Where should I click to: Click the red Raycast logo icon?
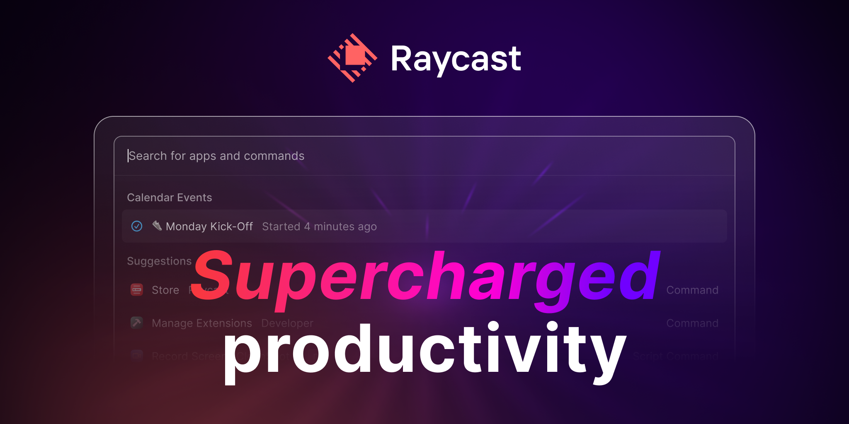pyautogui.click(x=352, y=58)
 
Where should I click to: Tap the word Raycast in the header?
pyautogui.click(x=456, y=59)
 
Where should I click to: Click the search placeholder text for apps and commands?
pyautogui.click(x=216, y=156)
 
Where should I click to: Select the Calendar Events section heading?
pyautogui.click(x=169, y=198)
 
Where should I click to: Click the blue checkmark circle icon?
pyautogui.click(x=137, y=226)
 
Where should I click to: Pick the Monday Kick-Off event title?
pyautogui.click(x=209, y=226)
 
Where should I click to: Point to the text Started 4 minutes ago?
pyautogui.click(x=319, y=226)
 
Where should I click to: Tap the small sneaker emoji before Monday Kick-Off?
pyautogui.click(x=157, y=225)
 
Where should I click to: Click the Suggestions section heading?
pyautogui.click(x=159, y=261)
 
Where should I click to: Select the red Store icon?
pyautogui.click(x=137, y=290)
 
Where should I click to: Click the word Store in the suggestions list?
pyautogui.click(x=165, y=290)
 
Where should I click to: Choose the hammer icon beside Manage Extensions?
pyautogui.click(x=137, y=323)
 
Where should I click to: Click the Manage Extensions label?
pyautogui.click(x=202, y=323)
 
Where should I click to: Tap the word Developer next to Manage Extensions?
pyautogui.click(x=287, y=323)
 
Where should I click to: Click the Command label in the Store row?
pyautogui.click(x=692, y=290)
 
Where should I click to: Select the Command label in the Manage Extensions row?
pyautogui.click(x=692, y=323)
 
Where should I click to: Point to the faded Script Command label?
pyautogui.click(x=675, y=356)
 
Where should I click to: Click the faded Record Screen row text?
pyautogui.click(x=187, y=356)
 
